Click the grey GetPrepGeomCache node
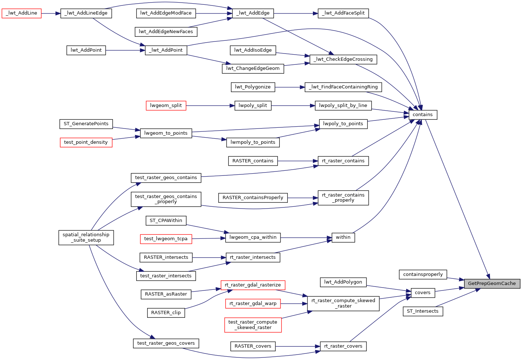click(x=492, y=284)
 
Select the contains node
click(x=423, y=115)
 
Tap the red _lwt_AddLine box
click(x=21, y=13)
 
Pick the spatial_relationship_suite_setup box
click(x=86, y=237)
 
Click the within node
click(x=343, y=237)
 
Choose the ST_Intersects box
click(x=423, y=311)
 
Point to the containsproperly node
click(x=423, y=274)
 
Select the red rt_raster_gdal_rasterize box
click(x=253, y=285)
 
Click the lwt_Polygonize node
click(x=253, y=87)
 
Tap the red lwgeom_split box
click(x=166, y=106)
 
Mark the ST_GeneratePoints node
click(x=86, y=124)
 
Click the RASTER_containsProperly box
click(x=253, y=198)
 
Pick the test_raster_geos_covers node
click(x=166, y=343)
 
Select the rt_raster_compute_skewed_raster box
click(x=343, y=303)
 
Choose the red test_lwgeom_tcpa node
click(x=166, y=239)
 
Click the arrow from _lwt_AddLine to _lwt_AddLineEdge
click(x=51, y=13)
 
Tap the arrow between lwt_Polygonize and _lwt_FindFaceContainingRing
click(x=290, y=87)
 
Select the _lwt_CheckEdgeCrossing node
click(x=343, y=59)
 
